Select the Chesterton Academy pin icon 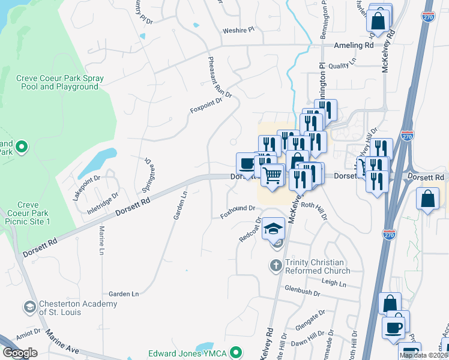coord(29,308)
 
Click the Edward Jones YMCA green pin coord(237,352)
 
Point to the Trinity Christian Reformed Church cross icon coord(276,266)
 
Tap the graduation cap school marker coord(273,229)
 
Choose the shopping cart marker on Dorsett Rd coord(273,176)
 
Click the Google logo coord(20,353)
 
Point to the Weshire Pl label coord(239,29)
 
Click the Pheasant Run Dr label coord(219,79)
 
